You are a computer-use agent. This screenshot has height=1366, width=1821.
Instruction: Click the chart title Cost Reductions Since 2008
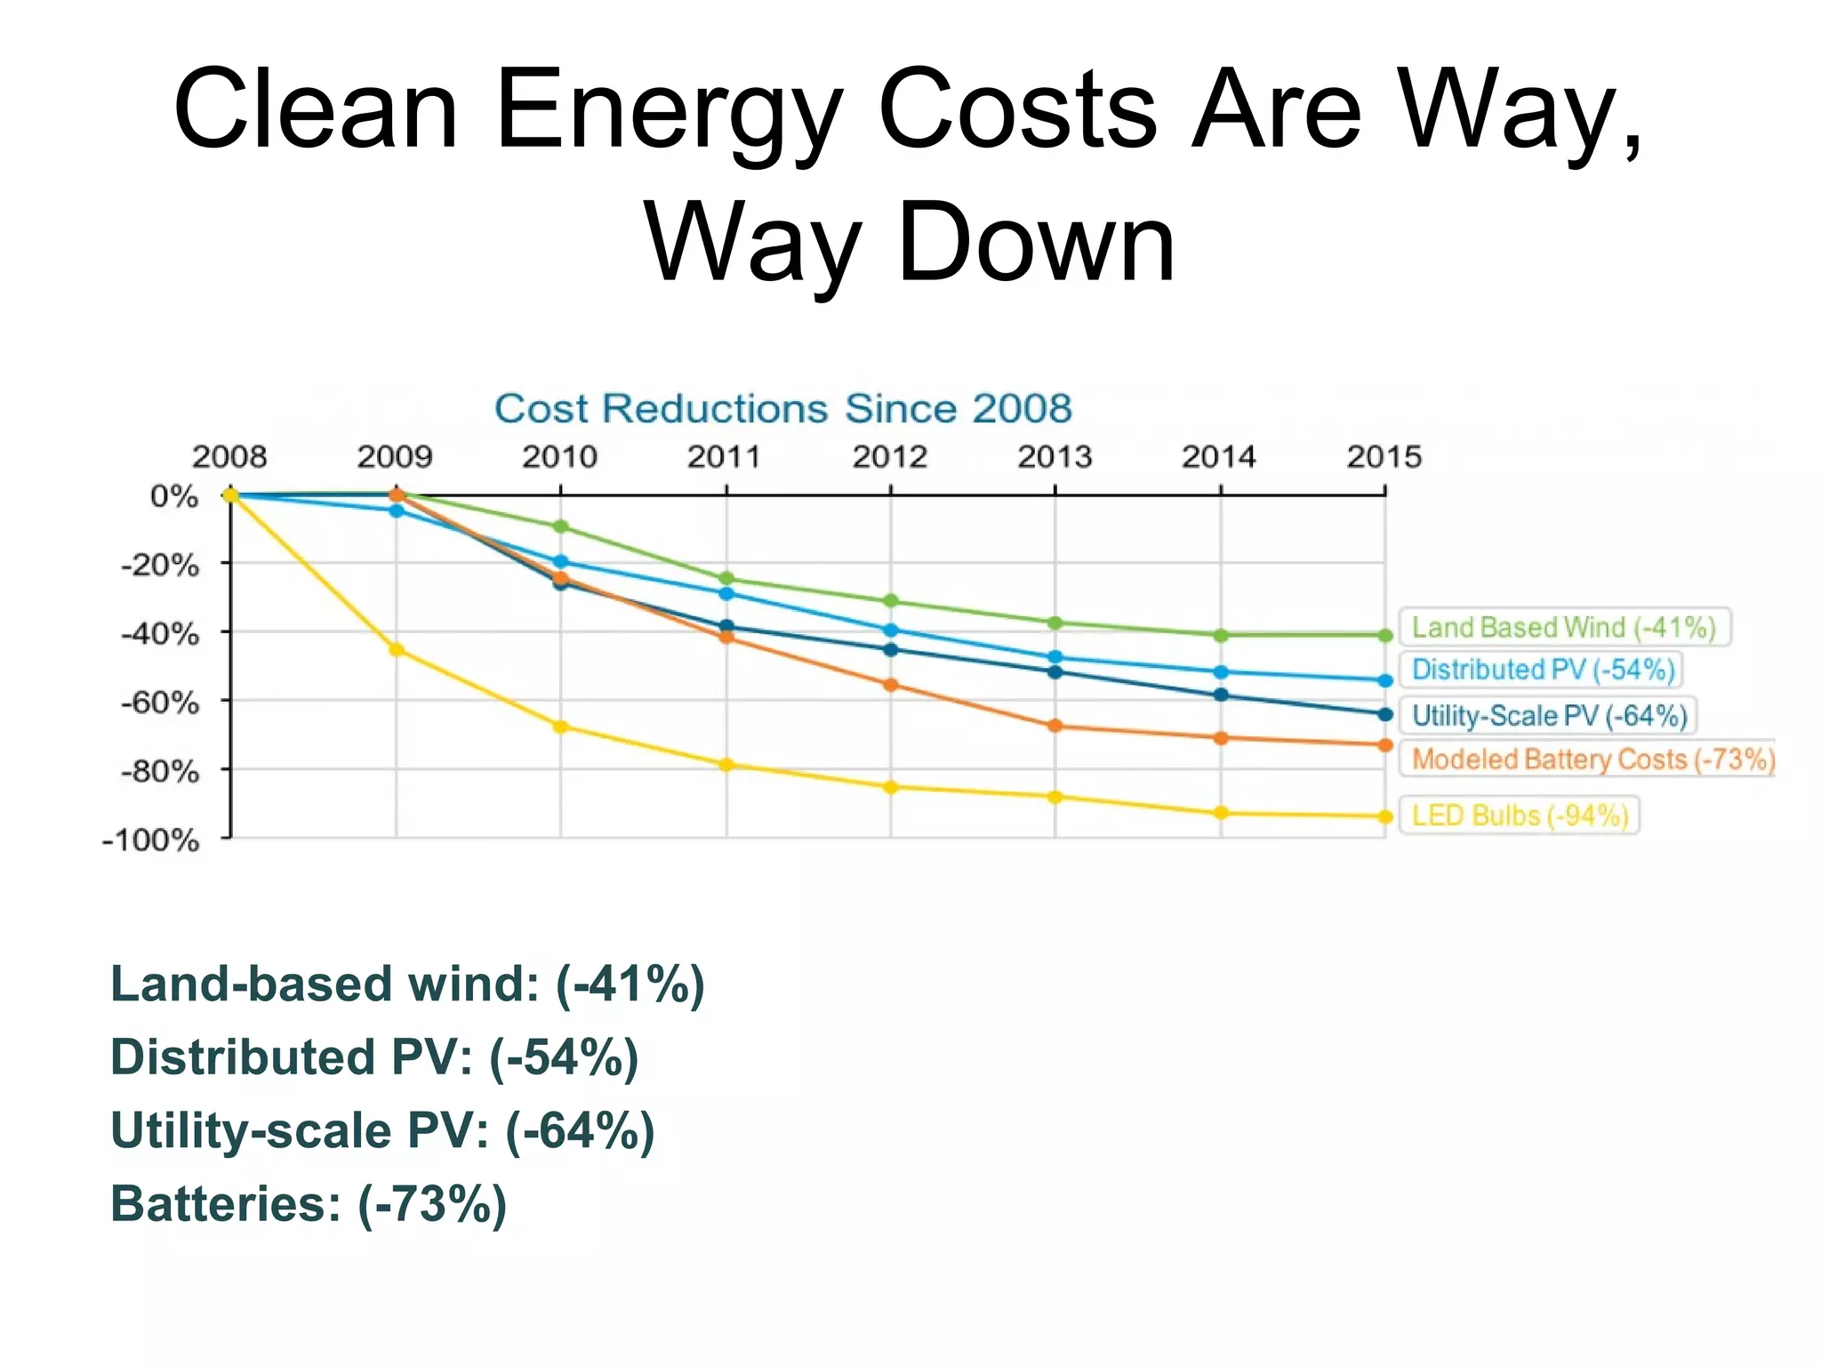coord(782,409)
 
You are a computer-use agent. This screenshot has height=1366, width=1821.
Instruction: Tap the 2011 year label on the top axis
coord(724,457)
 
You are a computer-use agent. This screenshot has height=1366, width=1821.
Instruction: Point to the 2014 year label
coord(1218,457)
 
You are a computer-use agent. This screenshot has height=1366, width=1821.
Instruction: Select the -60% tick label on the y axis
coord(160,703)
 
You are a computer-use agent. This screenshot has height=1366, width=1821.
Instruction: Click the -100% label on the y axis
coord(151,840)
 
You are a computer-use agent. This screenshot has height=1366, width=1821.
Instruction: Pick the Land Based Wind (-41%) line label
coord(1563,627)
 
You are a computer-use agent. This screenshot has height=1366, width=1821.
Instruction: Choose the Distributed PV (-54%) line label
coord(1543,669)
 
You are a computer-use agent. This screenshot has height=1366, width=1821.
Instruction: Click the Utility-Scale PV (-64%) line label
coord(1549,715)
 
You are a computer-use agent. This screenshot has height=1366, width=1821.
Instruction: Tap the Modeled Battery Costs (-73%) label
coord(1592,759)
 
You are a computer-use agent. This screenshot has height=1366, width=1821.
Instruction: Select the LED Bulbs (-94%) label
coord(1520,815)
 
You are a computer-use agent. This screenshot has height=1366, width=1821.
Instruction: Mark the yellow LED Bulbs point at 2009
coord(397,650)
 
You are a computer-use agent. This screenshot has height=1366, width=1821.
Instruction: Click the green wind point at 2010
coord(560,526)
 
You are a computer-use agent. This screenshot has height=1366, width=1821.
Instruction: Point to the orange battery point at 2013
coord(1055,726)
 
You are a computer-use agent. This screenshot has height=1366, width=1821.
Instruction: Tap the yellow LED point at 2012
coord(891,787)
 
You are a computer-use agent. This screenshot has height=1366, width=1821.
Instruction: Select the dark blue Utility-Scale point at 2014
coord(1221,695)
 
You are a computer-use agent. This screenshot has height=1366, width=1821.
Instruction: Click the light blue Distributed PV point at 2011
coord(726,593)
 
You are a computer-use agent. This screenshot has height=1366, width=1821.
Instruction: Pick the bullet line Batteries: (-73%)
coord(308,1204)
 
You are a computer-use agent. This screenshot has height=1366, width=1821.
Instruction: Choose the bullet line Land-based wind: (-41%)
coord(407,984)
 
